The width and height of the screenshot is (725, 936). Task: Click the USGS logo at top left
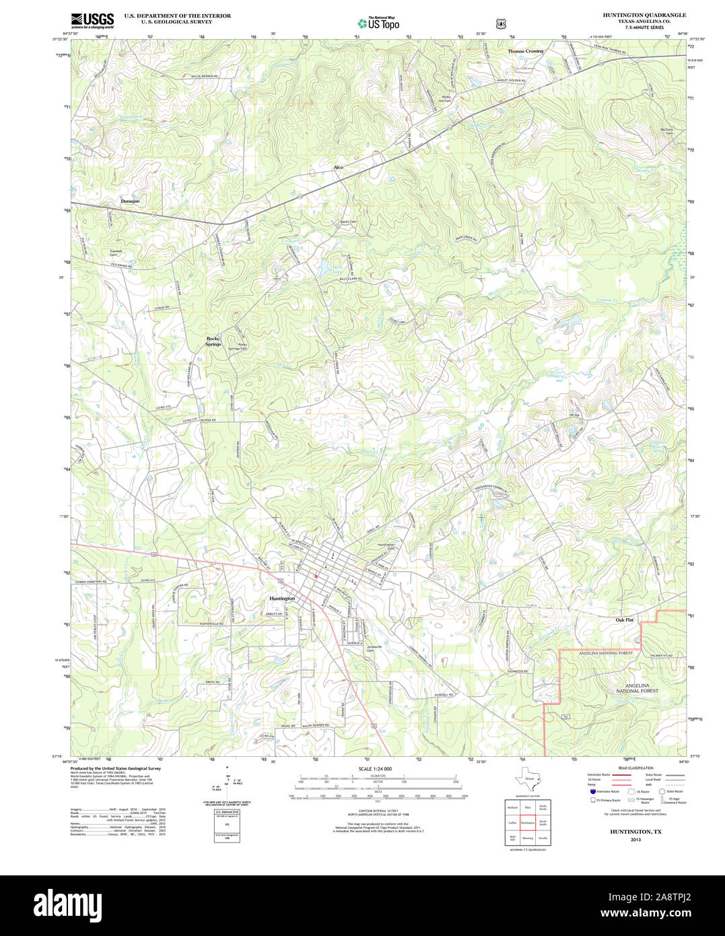[92, 19]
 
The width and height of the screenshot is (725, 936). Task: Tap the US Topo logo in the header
[379, 23]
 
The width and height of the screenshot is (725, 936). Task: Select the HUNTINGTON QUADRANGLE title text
[635, 15]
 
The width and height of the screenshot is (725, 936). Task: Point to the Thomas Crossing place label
[525, 51]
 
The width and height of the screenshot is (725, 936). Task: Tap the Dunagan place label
[131, 201]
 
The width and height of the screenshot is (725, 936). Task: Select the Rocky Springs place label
[213, 341]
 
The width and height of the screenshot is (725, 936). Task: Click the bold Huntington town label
[282, 598]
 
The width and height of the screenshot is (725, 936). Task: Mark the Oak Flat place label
[625, 620]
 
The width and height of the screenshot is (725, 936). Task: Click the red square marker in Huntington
[316, 576]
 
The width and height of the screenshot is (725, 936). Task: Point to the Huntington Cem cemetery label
[386, 547]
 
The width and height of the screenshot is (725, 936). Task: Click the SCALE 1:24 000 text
[375, 768]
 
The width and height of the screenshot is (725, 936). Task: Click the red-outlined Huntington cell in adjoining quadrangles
[527, 823]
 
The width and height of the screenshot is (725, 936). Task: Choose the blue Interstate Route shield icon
[592, 791]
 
